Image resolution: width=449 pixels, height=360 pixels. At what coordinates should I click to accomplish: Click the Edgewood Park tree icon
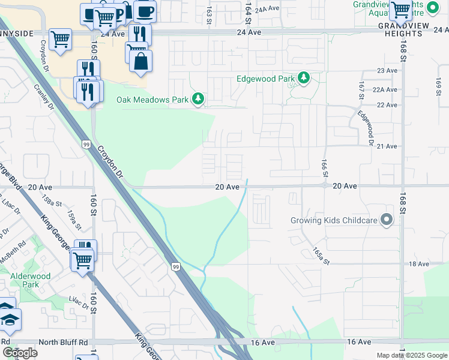304,78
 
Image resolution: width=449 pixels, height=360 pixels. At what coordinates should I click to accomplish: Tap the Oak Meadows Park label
151,99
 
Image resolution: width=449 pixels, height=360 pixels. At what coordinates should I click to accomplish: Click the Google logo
20,353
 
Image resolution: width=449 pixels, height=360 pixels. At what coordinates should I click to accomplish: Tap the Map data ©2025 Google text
412,355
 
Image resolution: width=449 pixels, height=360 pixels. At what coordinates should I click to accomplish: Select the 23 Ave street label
387,71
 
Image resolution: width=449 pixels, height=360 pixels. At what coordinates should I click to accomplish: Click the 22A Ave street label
385,89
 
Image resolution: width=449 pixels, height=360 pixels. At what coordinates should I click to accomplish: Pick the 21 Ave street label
387,146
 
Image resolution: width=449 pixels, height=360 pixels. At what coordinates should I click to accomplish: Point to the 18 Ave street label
419,264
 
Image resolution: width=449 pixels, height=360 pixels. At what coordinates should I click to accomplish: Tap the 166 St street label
325,167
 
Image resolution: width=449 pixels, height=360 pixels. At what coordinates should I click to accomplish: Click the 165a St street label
321,256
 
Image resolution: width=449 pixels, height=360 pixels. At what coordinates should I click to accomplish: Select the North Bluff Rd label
63,342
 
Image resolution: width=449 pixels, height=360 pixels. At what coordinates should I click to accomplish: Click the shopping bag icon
140,61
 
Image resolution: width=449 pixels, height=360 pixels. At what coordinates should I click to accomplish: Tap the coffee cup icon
144,11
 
